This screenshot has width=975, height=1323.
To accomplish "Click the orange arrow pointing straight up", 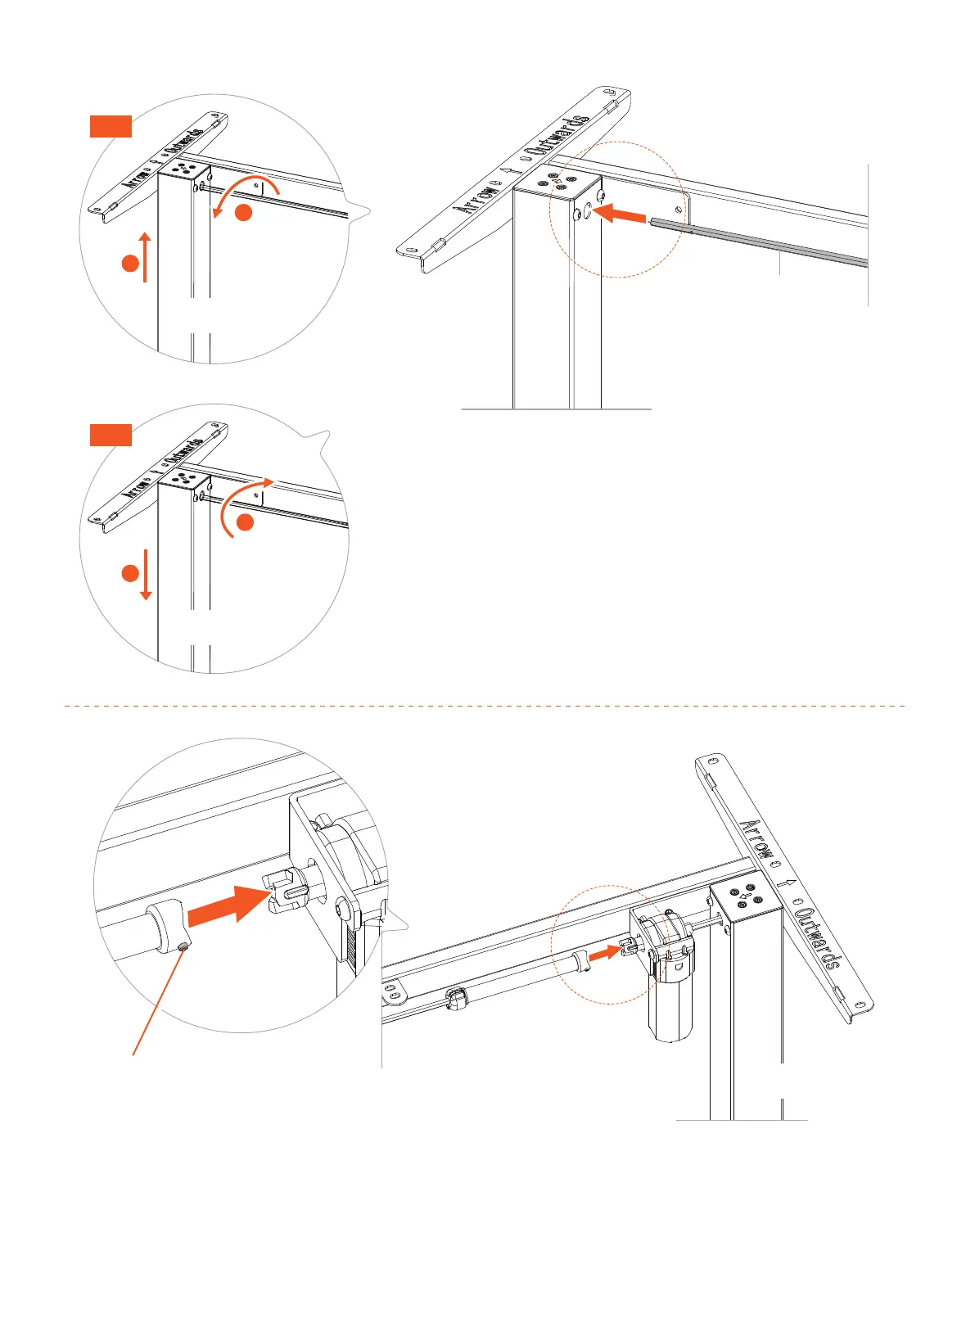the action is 145,256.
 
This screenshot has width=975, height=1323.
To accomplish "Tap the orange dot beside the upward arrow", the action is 129,264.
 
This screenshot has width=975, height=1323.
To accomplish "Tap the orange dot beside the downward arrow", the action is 129,573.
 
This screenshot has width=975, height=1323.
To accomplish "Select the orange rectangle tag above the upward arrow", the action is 111,126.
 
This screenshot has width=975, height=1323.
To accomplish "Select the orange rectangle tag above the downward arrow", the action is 111,435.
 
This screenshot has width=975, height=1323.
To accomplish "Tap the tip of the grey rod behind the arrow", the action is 652,220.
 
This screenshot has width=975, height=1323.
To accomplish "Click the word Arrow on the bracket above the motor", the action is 758,838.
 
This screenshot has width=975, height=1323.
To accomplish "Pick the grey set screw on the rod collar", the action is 183,946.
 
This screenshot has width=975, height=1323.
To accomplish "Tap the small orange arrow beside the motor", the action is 605,952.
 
